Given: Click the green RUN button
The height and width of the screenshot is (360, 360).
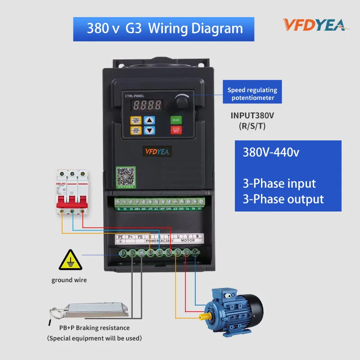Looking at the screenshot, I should pos(176,120).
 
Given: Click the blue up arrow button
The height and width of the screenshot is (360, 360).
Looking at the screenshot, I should pos(150,120).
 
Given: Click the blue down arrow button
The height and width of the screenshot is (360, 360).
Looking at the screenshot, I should pos(150,130).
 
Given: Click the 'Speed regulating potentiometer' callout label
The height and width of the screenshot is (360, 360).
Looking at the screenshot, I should pos(252,94).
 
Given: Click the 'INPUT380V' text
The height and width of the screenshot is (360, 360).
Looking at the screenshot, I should pos(252,116).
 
